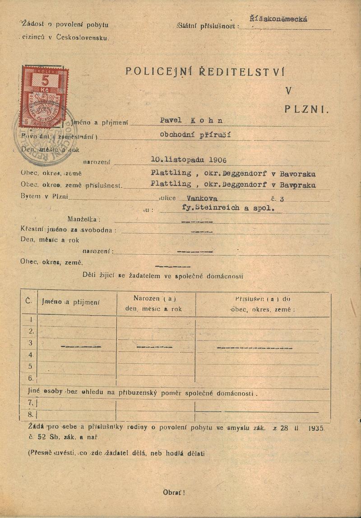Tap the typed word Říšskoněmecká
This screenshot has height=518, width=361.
click(x=278, y=19)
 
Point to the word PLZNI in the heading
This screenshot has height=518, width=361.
click(x=307, y=109)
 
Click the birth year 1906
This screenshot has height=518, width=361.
click(x=214, y=159)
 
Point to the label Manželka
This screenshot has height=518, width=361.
click(x=83, y=219)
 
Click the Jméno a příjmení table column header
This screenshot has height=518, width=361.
click(x=71, y=301)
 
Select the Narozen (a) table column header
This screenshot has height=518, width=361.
click(x=155, y=298)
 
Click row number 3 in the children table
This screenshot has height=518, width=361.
click(x=31, y=343)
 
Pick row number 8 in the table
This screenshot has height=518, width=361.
click(x=31, y=414)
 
